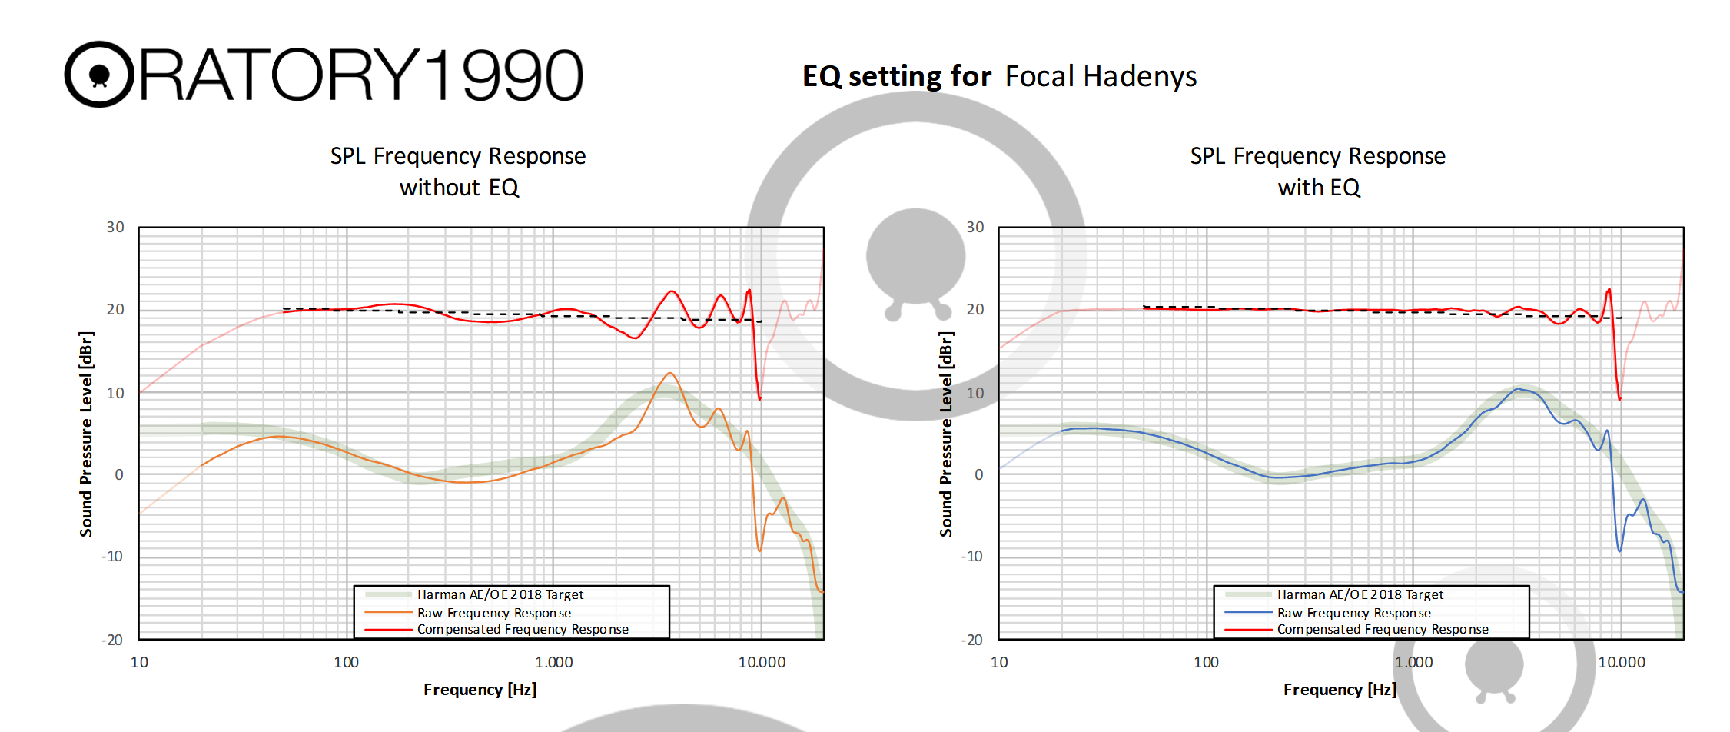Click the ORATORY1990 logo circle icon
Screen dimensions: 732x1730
click(x=99, y=75)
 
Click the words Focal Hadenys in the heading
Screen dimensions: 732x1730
click(x=1101, y=77)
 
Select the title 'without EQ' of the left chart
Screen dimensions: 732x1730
click(x=459, y=188)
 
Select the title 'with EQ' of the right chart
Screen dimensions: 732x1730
click(x=1319, y=188)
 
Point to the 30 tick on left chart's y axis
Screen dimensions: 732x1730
click(x=115, y=228)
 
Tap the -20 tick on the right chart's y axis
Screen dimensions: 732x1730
click(x=971, y=640)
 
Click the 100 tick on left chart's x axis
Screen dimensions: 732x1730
click(x=346, y=662)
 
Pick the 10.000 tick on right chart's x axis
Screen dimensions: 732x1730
click(x=1622, y=662)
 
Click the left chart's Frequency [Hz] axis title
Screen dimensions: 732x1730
click(x=480, y=690)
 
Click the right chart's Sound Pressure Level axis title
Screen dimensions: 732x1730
click(x=946, y=434)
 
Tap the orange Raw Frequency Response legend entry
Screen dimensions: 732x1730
click(x=493, y=613)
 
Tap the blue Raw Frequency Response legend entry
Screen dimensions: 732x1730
click(x=1353, y=613)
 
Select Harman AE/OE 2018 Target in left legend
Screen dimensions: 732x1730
click(x=500, y=594)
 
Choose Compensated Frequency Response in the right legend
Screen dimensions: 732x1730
click(x=1383, y=629)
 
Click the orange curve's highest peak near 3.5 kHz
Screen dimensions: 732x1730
click(x=670, y=374)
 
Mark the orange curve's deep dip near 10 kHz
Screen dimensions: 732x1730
click(x=759, y=550)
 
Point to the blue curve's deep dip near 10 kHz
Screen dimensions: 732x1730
click(x=1619, y=550)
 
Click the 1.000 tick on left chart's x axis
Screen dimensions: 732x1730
click(x=553, y=662)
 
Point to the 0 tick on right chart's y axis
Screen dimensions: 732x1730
click(x=978, y=474)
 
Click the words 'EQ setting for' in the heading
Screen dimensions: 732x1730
click(x=897, y=77)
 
